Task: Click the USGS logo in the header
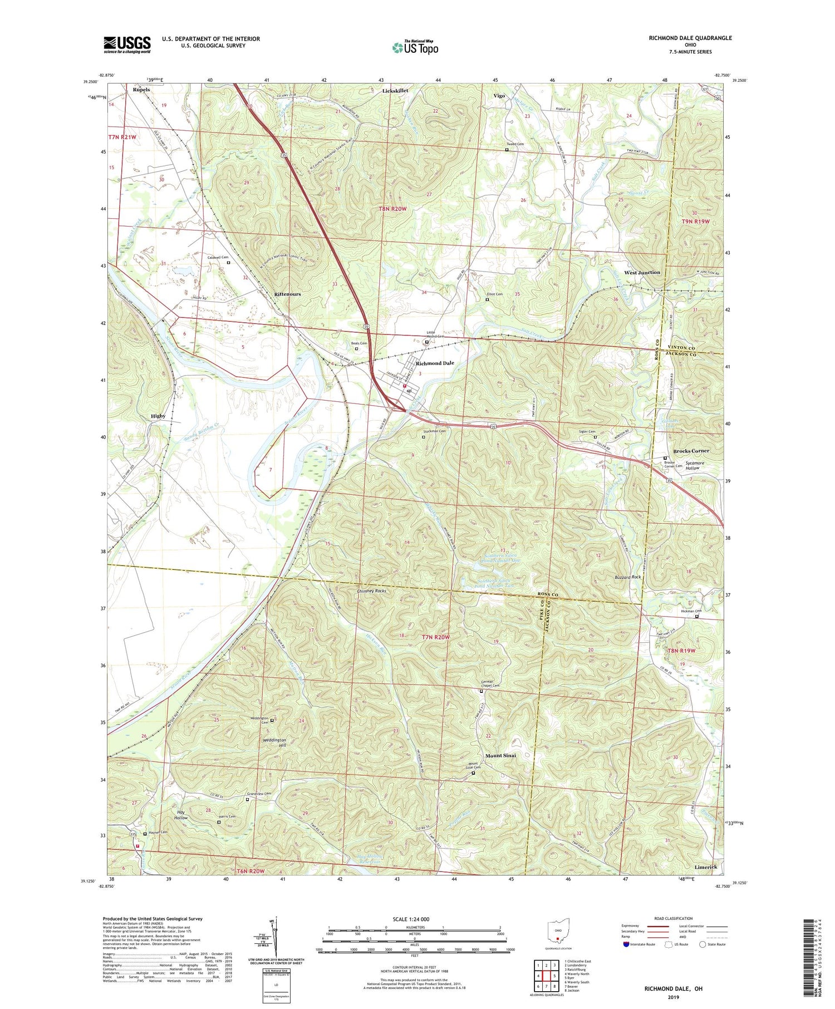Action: pyautogui.click(x=127, y=45)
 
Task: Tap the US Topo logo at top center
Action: pyautogui.click(x=415, y=47)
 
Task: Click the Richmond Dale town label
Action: pyautogui.click(x=435, y=363)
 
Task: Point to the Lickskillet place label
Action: pyautogui.click(x=395, y=90)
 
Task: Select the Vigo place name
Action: pyautogui.click(x=499, y=96)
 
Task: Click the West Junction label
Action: pyautogui.click(x=642, y=273)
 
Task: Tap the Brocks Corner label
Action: pyautogui.click(x=691, y=451)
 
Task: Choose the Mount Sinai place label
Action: pyautogui.click(x=500, y=755)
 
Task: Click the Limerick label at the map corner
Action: pyautogui.click(x=706, y=867)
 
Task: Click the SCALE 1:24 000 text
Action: pyautogui.click(x=414, y=919)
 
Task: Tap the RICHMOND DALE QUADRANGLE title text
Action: pyautogui.click(x=690, y=38)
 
